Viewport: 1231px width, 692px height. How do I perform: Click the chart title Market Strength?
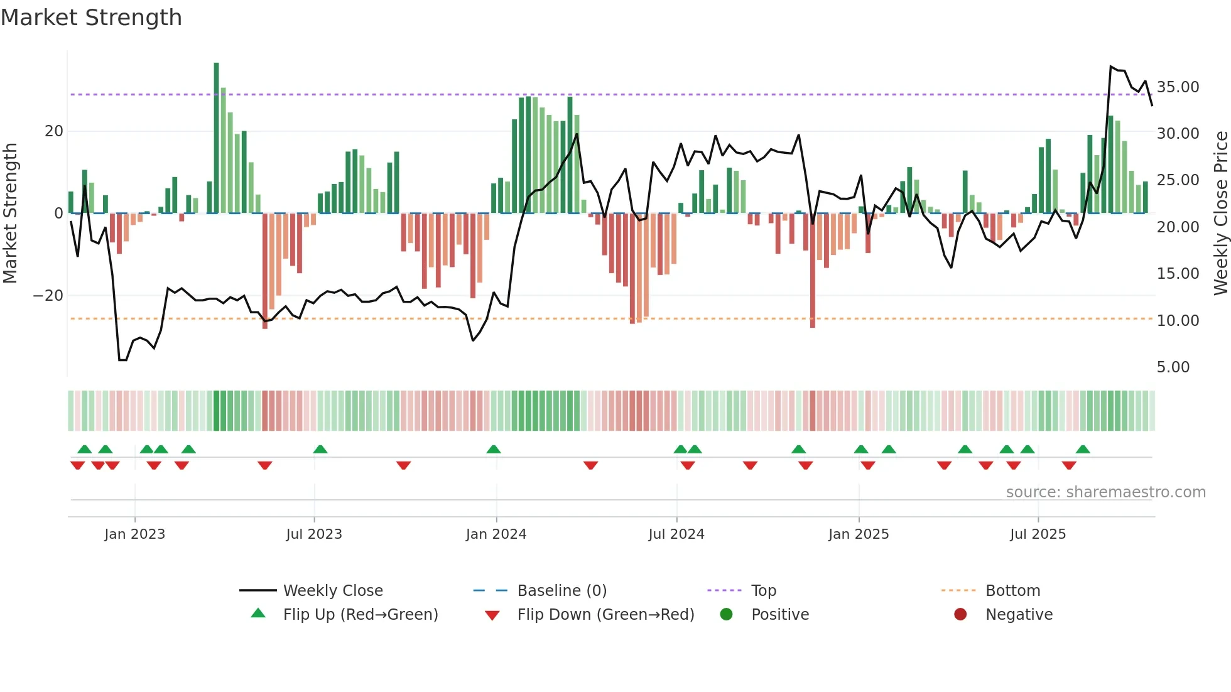click(x=91, y=18)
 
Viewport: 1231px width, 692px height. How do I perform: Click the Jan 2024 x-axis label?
click(x=496, y=534)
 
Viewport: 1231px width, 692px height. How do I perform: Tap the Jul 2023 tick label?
click(x=313, y=534)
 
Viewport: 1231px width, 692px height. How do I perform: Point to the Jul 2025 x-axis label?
click(x=1038, y=534)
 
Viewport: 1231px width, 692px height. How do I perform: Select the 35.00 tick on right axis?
click(x=1178, y=87)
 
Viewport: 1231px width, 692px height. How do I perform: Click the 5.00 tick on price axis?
click(x=1173, y=367)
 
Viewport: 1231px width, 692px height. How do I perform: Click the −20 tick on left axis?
click(x=48, y=296)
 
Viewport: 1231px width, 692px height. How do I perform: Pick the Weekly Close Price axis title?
click(x=1220, y=213)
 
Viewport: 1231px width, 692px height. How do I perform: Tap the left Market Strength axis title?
click(x=10, y=213)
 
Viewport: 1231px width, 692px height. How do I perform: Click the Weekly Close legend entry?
click(x=332, y=591)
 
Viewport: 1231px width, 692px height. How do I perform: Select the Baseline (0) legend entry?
click(x=561, y=591)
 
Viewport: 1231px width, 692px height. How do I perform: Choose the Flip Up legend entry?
click(x=360, y=615)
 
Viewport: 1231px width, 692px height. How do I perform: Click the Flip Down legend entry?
click(x=605, y=615)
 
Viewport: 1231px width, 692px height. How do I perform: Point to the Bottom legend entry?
click(x=1012, y=591)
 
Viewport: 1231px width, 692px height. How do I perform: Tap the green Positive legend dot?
click(x=726, y=615)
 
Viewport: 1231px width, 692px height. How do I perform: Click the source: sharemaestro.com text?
click(x=1105, y=492)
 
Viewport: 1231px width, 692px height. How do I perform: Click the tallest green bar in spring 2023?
click(x=216, y=138)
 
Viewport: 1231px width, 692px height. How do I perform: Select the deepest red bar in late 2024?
click(x=812, y=270)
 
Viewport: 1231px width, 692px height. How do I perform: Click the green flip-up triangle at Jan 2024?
click(x=494, y=449)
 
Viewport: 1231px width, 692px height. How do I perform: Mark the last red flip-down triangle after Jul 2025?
click(x=1069, y=465)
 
